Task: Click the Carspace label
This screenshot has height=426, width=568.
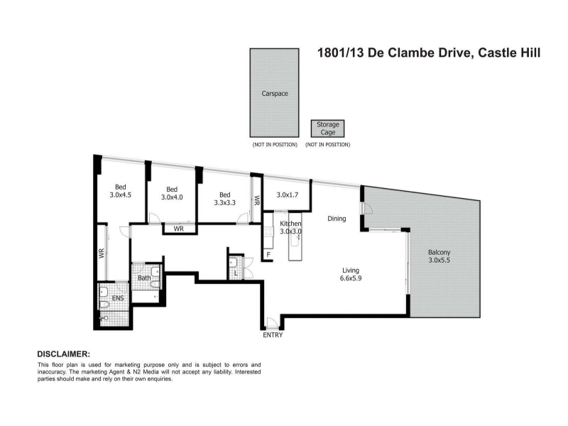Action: (275, 94)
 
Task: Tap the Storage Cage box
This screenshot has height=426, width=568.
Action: (327, 129)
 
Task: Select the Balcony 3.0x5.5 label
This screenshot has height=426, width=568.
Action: (439, 256)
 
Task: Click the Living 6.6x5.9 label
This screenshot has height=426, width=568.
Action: (351, 274)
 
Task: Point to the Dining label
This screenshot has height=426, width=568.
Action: (337, 219)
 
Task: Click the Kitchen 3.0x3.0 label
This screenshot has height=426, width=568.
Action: (290, 227)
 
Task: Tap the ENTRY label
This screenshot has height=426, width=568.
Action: (273, 335)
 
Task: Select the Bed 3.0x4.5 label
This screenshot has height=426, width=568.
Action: (120, 191)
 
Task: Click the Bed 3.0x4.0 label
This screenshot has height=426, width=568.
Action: (172, 193)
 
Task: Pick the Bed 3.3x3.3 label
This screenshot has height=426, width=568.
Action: (224, 199)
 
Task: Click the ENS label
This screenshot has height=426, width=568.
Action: (118, 298)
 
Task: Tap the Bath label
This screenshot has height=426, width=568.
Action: (144, 278)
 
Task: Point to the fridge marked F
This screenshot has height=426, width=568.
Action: (268, 255)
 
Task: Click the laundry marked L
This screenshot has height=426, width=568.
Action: (236, 273)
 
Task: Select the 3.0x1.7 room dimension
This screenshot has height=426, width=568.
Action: (288, 195)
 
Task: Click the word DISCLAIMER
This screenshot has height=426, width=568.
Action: (63, 354)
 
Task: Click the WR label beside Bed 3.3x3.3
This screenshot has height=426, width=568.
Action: (257, 200)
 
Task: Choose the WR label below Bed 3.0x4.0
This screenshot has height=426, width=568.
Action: (179, 229)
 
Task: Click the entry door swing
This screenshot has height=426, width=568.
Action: (272, 323)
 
